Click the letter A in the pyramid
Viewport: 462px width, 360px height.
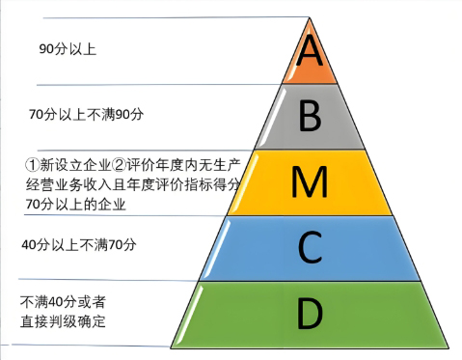pyautogui.click(x=310, y=50)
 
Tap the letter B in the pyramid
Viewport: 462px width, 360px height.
pyautogui.click(x=310, y=116)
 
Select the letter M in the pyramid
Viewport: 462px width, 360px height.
pyautogui.click(x=310, y=180)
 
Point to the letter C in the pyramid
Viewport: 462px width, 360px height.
pyautogui.click(x=310, y=247)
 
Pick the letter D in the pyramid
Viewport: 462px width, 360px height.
pyautogui.click(x=310, y=314)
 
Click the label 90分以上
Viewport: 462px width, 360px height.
pyautogui.click(x=68, y=47)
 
